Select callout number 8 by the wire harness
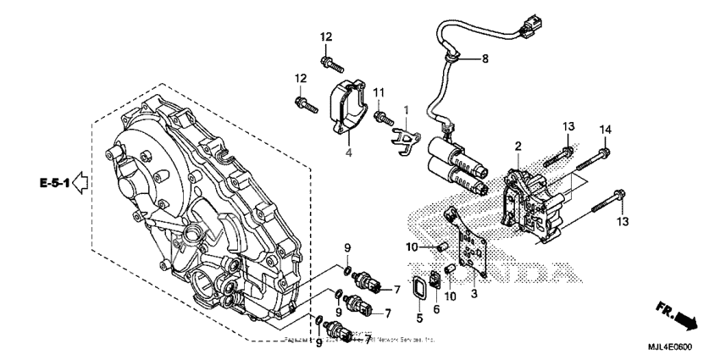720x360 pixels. [485, 58]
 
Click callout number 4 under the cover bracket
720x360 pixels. [346, 152]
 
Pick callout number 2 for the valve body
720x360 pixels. [518, 147]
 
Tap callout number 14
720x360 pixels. [605, 130]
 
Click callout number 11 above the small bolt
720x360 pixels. [379, 91]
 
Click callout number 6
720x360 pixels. [437, 310]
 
